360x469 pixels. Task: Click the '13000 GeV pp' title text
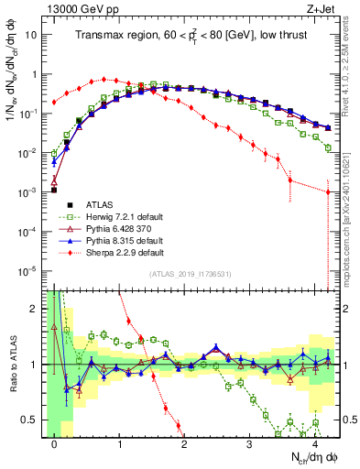pos(81,9)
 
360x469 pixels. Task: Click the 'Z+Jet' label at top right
pos(324,9)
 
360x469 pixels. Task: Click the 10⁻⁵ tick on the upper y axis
pos(31,270)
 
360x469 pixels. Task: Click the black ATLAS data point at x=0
pos(54,191)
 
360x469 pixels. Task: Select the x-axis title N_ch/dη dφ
pos(311,457)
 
